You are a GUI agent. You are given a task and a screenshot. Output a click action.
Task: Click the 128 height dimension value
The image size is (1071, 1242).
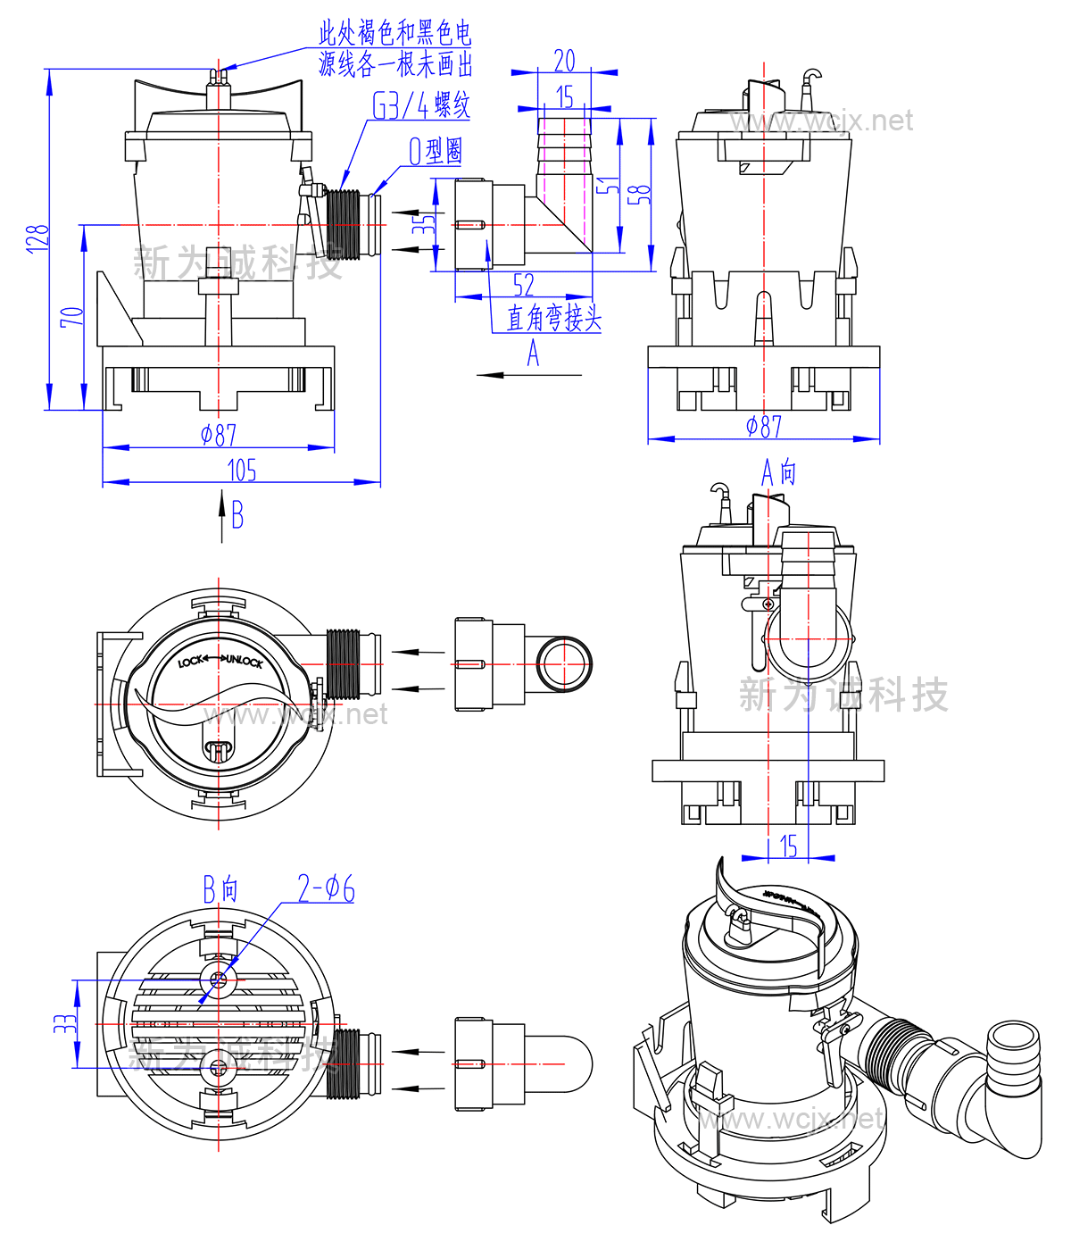click(37, 239)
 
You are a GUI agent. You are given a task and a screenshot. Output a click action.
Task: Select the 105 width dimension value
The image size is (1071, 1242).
click(242, 470)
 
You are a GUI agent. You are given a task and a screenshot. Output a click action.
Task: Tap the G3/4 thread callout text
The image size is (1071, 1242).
click(420, 106)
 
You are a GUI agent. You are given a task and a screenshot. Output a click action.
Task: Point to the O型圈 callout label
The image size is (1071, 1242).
click(436, 151)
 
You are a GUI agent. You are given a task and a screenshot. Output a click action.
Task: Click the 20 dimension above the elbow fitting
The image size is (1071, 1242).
click(564, 61)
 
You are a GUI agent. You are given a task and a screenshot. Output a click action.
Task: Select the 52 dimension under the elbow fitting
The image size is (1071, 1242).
click(524, 285)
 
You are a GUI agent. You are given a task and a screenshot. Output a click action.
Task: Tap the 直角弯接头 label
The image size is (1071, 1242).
click(554, 318)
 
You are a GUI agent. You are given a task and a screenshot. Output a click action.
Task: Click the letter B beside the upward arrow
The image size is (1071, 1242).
click(237, 515)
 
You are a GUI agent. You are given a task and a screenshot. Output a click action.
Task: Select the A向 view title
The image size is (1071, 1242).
click(778, 472)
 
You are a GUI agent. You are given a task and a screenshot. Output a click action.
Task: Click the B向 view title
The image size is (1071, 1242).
click(220, 889)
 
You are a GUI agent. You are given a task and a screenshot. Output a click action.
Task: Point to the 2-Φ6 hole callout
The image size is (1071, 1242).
click(326, 889)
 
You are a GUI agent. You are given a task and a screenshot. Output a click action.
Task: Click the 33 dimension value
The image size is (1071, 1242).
click(64, 1023)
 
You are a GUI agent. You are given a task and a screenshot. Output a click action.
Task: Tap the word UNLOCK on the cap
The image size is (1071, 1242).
click(244, 661)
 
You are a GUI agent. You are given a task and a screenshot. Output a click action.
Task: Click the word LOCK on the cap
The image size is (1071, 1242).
click(190, 662)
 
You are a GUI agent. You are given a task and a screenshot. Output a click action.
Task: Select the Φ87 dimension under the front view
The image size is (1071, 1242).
click(219, 435)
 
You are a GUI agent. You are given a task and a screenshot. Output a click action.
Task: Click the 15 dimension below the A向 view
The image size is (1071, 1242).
click(788, 846)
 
